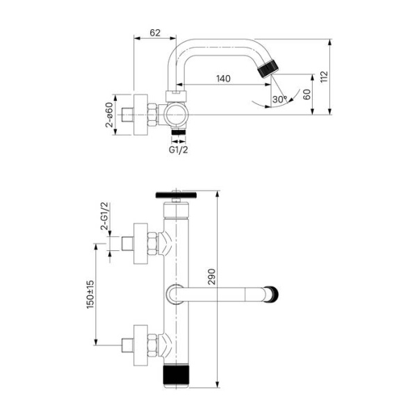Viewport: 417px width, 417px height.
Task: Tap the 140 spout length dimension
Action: coord(224,79)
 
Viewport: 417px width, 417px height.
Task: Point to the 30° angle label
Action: coord(279,99)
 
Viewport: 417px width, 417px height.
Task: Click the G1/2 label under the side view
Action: coord(178,148)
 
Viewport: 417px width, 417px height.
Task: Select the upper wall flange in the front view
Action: coord(139,245)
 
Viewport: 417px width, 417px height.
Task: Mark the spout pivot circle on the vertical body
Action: coord(174,294)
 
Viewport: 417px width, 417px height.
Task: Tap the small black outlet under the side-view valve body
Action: coord(179,131)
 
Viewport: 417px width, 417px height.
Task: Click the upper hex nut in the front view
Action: coord(152,245)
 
